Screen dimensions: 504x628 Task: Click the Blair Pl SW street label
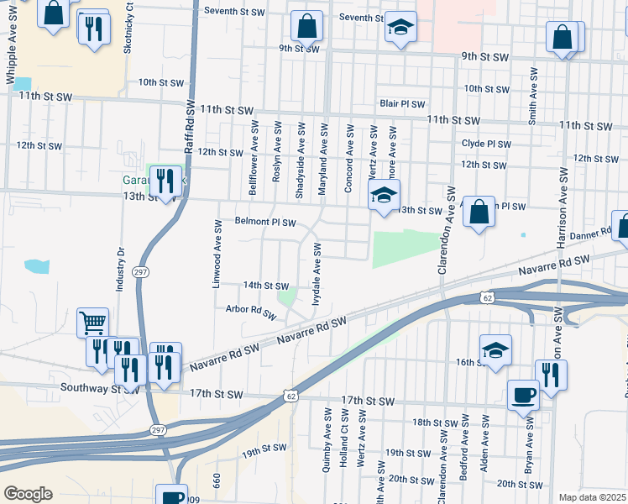[x=400, y=103]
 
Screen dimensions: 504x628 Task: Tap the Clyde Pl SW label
[x=485, y=144]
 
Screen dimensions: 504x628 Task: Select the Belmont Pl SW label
[x=265, y=223]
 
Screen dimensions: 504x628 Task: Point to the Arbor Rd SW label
[x=251, y=312]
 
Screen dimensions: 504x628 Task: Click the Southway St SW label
[x=99, y=388]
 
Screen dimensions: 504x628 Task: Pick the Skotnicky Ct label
[x=128, y=34]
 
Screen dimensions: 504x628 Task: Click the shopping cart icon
[x=92, y=323]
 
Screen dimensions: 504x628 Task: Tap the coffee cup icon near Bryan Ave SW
[x=523, y=395]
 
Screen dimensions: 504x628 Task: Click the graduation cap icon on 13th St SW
[x=383, y=196]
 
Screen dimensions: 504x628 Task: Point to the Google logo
[x=28, y=494]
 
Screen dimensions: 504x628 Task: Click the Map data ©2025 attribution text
[x=592, y=497]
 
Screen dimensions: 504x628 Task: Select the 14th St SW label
[x=265, y=286]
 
